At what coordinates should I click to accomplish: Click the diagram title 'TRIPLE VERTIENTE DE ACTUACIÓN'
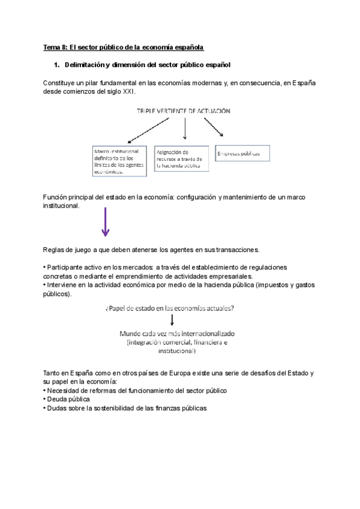(184, 111)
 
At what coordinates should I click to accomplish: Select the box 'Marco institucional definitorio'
(120, 161)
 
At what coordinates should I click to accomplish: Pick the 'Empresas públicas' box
(242, 154)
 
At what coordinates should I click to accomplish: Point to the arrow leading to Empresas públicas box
(217, 128)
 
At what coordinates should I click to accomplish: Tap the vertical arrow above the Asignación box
(185, 127)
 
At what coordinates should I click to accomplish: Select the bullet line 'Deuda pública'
(68, 399)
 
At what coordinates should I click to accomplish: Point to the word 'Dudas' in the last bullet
(57, 408)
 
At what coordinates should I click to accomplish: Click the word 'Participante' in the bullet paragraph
(65, 267)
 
